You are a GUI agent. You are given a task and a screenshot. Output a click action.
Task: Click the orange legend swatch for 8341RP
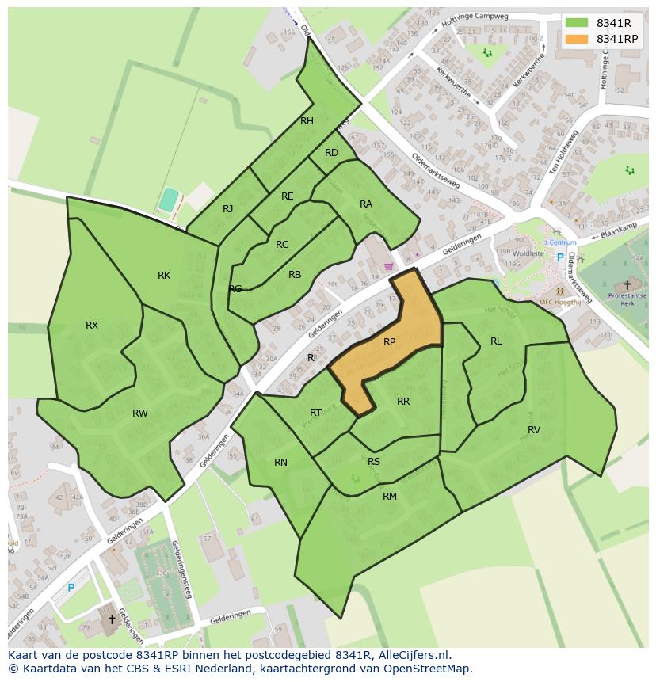[577, 39]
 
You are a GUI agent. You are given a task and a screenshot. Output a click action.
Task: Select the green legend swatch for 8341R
[577, 22]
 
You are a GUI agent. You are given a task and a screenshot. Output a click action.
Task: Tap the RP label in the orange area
[389, 342]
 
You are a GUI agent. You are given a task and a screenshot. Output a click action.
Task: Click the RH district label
[307, 121]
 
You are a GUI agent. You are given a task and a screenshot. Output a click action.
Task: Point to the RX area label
[92, 325]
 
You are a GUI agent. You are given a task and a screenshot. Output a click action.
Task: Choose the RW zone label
[140, 413]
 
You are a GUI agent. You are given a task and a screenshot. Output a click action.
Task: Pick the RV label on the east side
[534, 429]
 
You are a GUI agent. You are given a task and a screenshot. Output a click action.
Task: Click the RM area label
[390, 496]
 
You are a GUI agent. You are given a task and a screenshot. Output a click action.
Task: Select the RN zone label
[280, 463]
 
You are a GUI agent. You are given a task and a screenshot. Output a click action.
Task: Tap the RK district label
[164, 276]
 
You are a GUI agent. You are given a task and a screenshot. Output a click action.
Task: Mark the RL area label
[496, 341]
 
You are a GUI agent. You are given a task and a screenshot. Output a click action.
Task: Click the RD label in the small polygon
[331, 153]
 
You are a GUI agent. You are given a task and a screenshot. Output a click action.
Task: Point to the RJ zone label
[228, 209]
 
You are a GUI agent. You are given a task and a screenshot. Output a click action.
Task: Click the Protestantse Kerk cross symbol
[627, 285]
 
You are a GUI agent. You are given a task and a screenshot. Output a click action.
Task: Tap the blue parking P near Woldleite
[560, 257]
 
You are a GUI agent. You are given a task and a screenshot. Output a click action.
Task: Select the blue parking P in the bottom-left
[71, 588]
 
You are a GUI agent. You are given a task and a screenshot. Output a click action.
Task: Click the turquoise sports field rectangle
[168, 200]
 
